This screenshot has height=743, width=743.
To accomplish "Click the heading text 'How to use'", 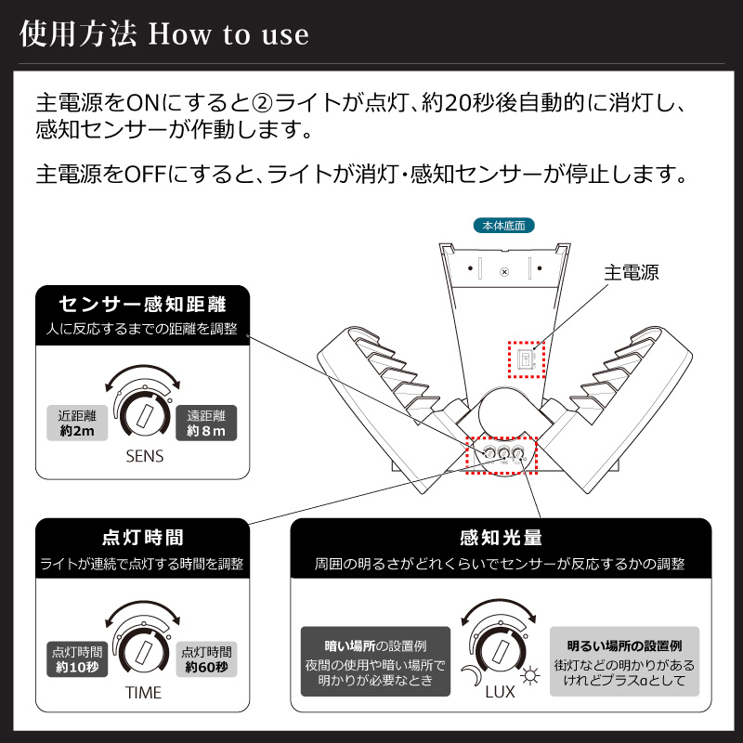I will click(x=228, y=34).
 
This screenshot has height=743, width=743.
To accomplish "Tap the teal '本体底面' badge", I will click(x=503, y=226).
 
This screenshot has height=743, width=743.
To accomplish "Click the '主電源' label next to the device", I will click(x=631, y=273).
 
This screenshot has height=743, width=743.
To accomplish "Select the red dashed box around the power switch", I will click(x=524, y=358).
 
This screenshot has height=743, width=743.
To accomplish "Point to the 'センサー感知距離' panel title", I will click(x=142, y=304).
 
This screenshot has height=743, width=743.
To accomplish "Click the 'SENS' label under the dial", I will click(x=143, y=456).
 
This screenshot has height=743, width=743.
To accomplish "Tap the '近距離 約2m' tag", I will click(x=77, y=424).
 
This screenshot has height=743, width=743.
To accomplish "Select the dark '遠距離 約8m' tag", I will click(x=206, y=424).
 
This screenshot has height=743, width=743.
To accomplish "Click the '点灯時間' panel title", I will click(x=142, y=538).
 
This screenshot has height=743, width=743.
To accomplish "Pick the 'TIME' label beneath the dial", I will click(x=143, y=692).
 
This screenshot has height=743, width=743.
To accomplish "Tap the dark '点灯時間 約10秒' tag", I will click(x=77, y=658).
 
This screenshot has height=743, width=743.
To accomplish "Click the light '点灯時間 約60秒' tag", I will click(x=206, y=658).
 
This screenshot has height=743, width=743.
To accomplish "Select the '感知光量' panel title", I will click(x=501, y=538).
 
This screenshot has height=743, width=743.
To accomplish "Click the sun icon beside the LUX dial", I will click(x=531, y=676).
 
